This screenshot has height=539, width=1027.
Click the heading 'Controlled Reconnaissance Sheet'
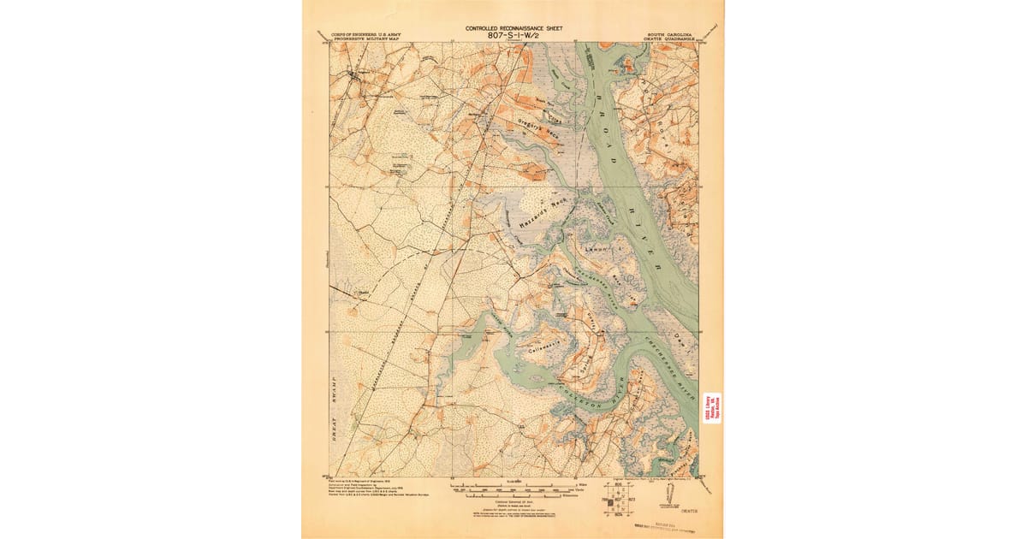click(x=513, y=27)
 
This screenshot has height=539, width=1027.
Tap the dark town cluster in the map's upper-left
click(x=356, y=79)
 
